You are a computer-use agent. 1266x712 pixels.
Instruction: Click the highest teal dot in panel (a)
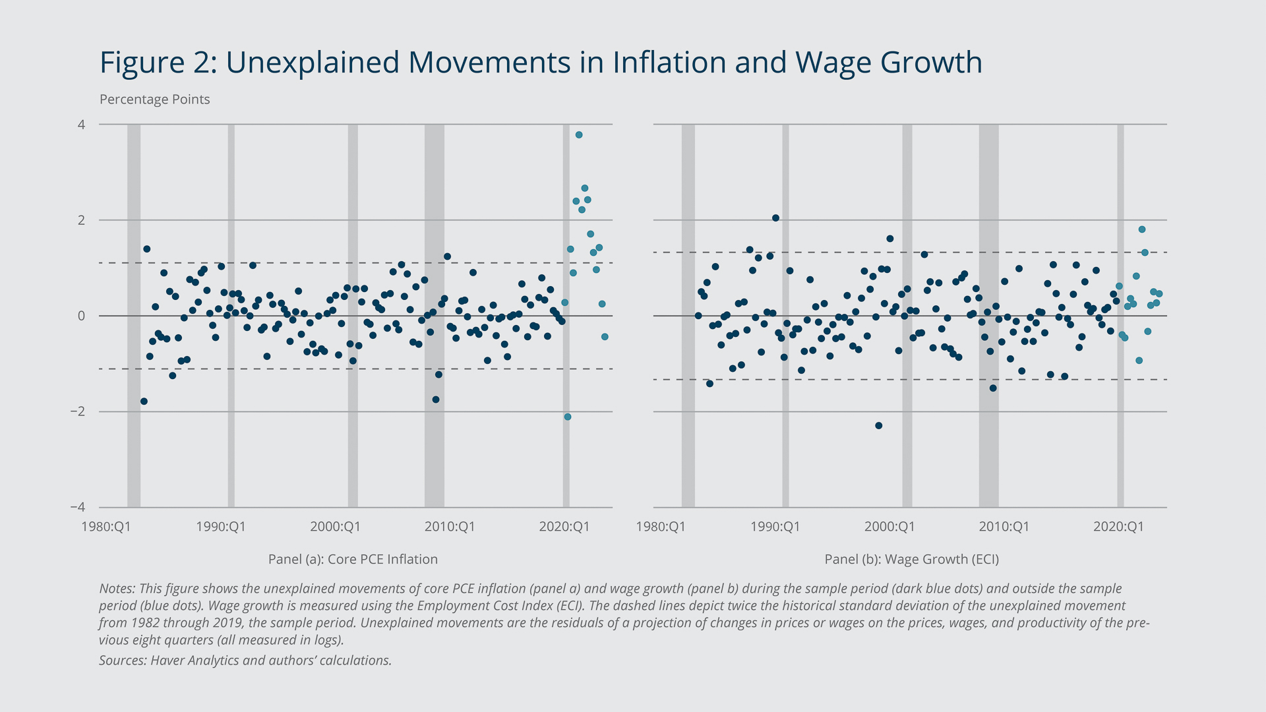coord(579,134)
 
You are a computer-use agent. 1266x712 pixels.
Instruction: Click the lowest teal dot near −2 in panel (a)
coord(568,417)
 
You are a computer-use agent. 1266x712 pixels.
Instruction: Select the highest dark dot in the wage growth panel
coord(775,218)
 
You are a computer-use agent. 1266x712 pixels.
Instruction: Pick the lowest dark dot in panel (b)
coord(878,425)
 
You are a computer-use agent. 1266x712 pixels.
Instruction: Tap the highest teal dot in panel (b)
coord(1142,229)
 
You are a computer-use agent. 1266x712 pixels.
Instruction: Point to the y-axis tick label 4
coord(82,125)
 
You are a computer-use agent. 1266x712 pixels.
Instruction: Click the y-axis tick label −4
coord(78,507)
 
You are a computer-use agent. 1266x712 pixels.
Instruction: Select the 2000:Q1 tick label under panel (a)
coord(335,527)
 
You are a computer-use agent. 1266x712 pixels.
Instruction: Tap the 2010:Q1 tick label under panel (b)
coord(1004,527)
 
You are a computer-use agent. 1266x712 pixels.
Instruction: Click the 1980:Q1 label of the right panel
coord(661,527)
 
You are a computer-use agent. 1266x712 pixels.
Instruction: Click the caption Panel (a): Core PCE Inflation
coord(353,559)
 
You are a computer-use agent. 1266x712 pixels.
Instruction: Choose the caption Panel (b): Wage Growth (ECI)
coord(911,559)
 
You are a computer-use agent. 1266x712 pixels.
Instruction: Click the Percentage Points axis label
coord(154,100)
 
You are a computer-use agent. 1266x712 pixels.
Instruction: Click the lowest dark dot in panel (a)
coord(144,401)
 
